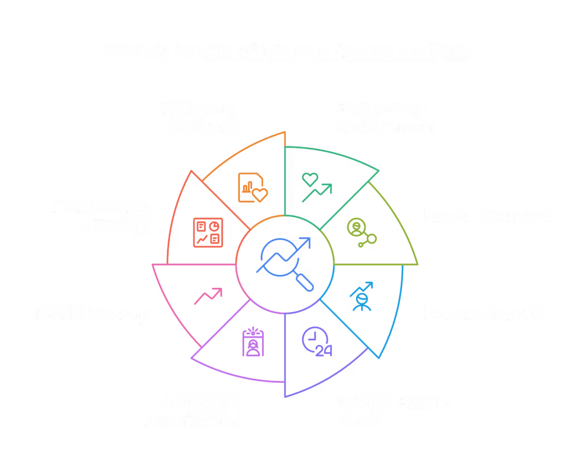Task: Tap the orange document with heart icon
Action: [252, 187]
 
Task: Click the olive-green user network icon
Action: [361, 232]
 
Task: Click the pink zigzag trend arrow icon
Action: [208, 296]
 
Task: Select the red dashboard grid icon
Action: [208, 232]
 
